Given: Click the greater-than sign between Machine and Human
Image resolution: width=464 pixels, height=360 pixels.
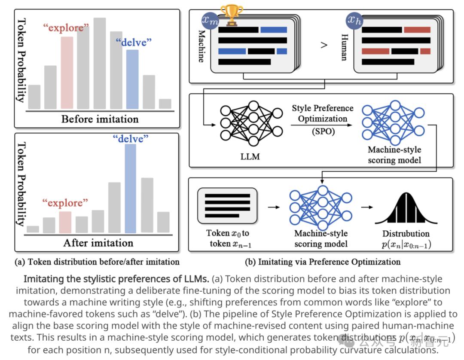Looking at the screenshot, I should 324,45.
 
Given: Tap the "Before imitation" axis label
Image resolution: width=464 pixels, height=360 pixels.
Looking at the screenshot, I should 100,119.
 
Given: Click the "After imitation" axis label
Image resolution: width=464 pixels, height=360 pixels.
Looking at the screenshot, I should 98,243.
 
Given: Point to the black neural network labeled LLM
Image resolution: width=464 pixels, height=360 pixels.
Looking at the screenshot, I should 251,125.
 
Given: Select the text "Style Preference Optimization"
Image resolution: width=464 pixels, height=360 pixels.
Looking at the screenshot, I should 323,113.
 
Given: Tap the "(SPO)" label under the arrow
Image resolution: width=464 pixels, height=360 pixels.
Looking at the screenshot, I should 323,132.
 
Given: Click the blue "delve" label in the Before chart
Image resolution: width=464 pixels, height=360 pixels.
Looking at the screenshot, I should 133,42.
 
